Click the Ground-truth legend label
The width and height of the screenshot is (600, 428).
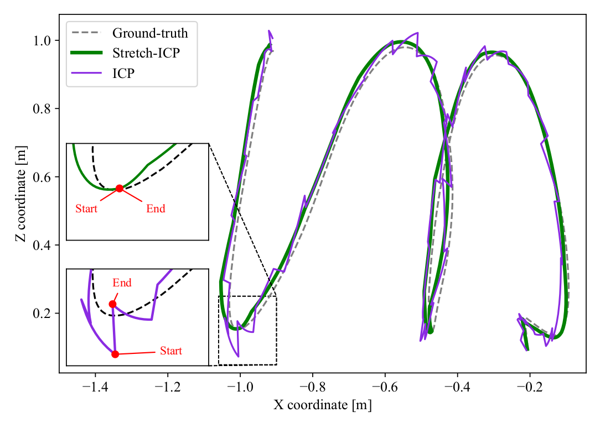[150, 33]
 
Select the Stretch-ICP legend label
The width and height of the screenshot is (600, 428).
[146, 53]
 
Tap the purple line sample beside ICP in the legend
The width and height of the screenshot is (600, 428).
[86, 73]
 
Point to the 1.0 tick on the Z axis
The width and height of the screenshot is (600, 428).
[42, 40]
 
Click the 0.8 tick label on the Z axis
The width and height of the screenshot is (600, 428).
[42, 108]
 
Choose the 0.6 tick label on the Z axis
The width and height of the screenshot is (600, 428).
[42, 177]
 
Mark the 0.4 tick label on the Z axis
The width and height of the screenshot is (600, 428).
[42, 245]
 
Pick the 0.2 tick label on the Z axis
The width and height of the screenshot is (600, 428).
[42, 314]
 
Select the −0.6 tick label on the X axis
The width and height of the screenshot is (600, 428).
[385, 387]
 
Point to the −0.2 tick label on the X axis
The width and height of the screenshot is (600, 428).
[530, 387]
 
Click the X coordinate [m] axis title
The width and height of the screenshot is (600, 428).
[323, 405]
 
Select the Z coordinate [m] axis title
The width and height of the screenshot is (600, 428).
[22, 194]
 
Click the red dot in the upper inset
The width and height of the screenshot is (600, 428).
[120, 189]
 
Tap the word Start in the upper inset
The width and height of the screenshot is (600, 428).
[86, 208]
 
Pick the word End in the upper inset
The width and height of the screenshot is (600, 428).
[156, 208]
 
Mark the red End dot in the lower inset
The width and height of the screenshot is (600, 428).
[112, 304]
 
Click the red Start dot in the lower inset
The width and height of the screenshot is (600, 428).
[115, 354]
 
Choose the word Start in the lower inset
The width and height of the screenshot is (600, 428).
[170, 351]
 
